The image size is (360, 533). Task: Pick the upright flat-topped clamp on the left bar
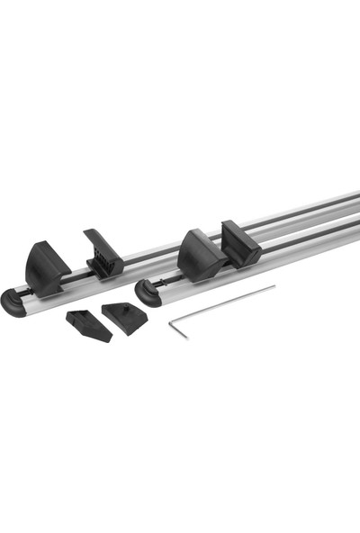(x=103, y=253)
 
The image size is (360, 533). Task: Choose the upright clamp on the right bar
(x=240, y=244)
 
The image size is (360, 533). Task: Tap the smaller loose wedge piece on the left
(x=88, y=325)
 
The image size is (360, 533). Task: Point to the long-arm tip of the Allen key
(x=274, y=288)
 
